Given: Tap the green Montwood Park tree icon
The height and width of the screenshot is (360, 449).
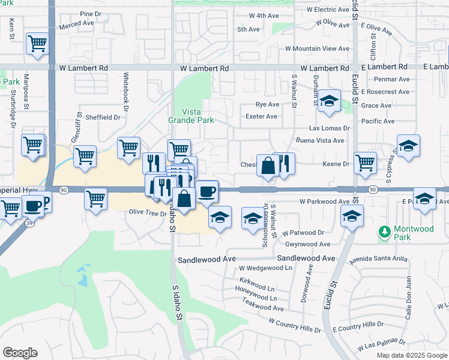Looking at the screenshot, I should coord(384,230).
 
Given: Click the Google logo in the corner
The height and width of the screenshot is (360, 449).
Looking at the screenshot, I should coord(20,352).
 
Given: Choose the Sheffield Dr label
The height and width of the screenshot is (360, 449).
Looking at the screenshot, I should coord(103,118).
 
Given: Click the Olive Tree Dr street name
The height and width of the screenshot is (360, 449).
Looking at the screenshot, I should coord(146,212).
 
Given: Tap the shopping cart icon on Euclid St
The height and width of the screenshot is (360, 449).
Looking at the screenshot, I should coord(365,162).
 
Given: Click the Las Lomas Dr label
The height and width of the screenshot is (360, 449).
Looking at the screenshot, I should coord(329,128).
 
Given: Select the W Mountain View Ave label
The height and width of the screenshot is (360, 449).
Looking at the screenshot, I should coord(317,49).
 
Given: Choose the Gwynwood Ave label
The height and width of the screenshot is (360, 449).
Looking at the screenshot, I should coord(308,244).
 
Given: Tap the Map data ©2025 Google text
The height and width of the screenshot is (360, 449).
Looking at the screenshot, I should coord(411,355).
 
